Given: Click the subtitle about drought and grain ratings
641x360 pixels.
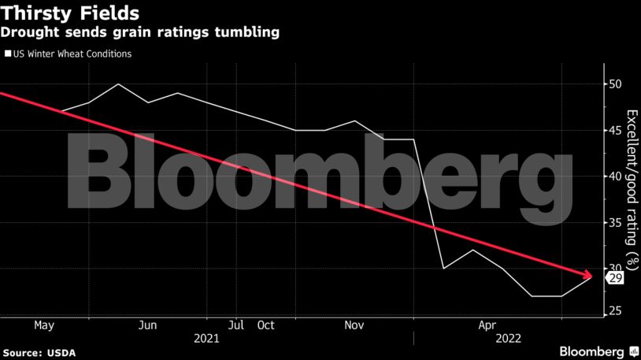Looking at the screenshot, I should (141, 33).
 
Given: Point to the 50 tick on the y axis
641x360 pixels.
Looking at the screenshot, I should (615, 84).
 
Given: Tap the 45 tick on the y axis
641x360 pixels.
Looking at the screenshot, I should (615, 130).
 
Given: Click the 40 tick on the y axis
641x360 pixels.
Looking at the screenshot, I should (615, 176).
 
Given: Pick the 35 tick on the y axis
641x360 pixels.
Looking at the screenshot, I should (615, 222).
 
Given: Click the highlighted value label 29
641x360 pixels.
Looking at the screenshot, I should (615, 277).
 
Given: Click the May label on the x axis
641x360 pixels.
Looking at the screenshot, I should (43, 325).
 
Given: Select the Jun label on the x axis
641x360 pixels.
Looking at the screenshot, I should (147, 325).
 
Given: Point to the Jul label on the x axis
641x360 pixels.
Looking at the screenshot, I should (235, 325).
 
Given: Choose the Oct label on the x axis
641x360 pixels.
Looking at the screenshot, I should (265, 325).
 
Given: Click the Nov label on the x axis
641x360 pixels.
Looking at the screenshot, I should (354, 325).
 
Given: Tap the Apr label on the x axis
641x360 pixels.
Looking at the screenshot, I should (487, 325).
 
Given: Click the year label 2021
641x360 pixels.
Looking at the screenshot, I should (206, 339).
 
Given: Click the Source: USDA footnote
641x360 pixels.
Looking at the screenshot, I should (37, 351).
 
